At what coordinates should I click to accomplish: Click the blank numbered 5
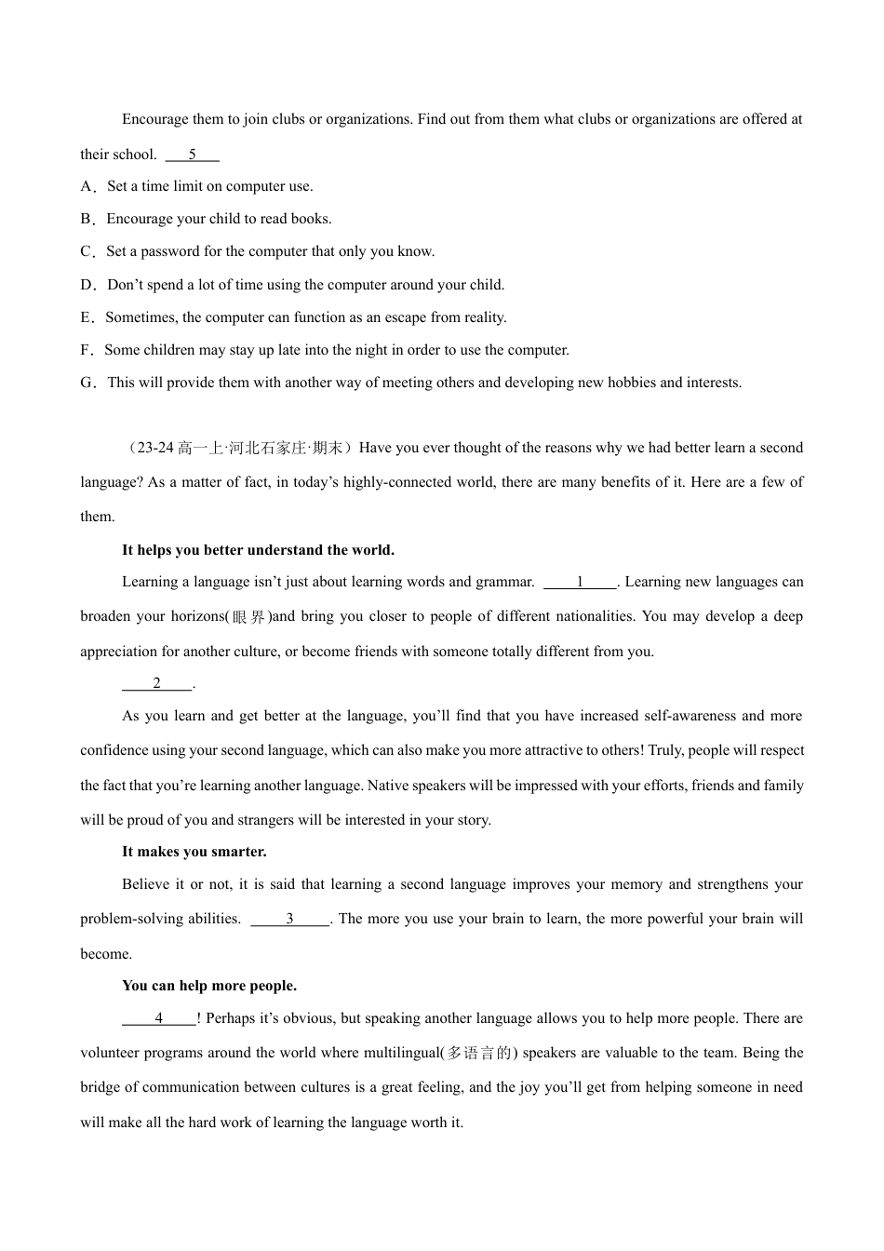pyautogui.click(x=192, y=155)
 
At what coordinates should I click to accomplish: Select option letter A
pyautogui.click(x=87, y=186)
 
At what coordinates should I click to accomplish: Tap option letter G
pyautogui.click(x=87, y=383)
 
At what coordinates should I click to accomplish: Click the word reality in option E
pyautogui.click(x=483, y=317)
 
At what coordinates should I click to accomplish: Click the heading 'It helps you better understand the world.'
pyautogui.click(x=258, y=550)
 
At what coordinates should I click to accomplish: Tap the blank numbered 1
pyautogui.click(x=580, y=583)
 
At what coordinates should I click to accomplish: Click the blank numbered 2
pyautogui.click(x=156, y=683)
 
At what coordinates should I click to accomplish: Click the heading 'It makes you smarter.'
pyautogui.click(x=194, y=852)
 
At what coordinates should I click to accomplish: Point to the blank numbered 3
pyautogui.click(x=289, y=920)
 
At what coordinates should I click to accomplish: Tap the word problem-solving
pyautogui.click(x=160, y=920)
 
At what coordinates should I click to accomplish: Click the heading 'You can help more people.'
pyautogui.click(x=209, y=986)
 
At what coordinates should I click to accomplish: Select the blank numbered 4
pyautogui.click(x=159, y=1018)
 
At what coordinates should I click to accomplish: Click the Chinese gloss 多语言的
pyautogui.click(x=479, y=1054)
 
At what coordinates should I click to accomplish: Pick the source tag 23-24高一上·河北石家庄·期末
pyautogui.click(x=238, y=448)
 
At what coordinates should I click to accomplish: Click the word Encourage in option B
pyautogui.click(x=140, y=219)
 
